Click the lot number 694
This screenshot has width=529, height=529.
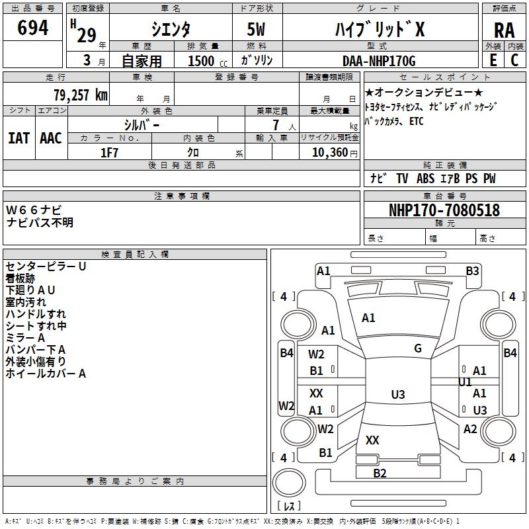pos(32,28)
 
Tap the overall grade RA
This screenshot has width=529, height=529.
pos(504,30)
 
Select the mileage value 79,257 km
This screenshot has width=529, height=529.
pos(81,95)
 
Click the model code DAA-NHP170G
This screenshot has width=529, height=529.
pos(379,61)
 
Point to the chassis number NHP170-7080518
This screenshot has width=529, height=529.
pos(444,210)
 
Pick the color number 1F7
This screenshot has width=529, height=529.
pos(109,153)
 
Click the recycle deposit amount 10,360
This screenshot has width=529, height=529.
pos(330,153)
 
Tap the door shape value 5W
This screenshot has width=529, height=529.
pos(256,29)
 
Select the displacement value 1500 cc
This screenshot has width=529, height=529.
pos(208,61)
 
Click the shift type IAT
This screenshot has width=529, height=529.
pos(19,138)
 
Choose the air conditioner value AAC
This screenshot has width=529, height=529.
pos(51,138)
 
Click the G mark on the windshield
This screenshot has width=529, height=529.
pos(418,348)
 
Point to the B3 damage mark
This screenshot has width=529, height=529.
pos(472,271)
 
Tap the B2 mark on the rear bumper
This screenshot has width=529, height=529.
pos(380,473)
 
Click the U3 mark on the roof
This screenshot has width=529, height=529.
pos(398,394)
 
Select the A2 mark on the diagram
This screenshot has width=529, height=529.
pos(470,429)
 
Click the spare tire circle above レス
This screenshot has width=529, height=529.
pos(289,483)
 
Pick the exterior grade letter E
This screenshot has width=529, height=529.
pos(493,60)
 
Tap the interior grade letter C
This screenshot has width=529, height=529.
pos(514,60)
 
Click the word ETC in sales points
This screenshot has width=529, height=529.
pos(417,121)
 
